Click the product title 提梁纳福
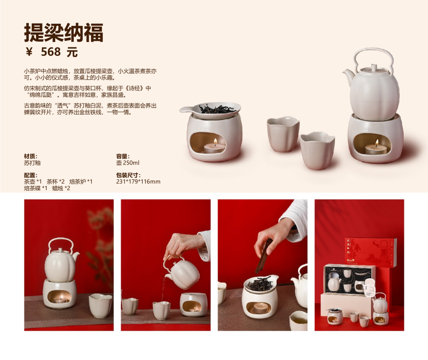click(63, 33)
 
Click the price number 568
click(51, 52)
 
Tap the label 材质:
click(31, 156)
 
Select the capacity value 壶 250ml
click(128, 163)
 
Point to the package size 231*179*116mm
click(138, 182)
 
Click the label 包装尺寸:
click(128, 175)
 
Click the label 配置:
click(31, 175)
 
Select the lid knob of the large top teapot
click(374, 67)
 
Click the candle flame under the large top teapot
click(377, 142)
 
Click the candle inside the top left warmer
click(214, 148)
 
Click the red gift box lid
click(371, 253)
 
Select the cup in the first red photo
click(100, 305)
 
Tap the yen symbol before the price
click(29, 52)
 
